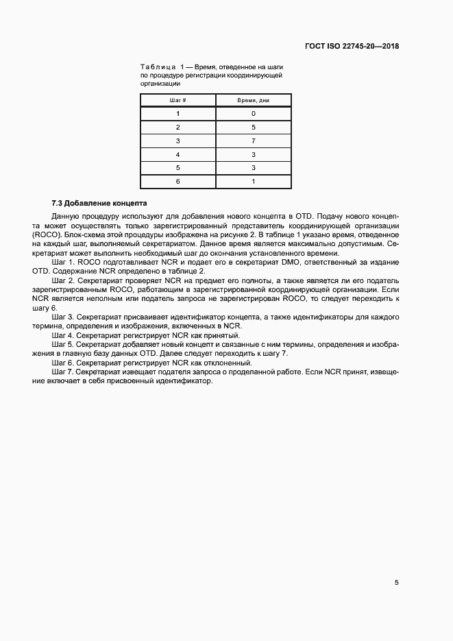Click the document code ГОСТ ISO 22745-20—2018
pyautogui.click(x=352, y=47)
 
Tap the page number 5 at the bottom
pyautogui.click(x=396, y=583)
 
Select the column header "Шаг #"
pyautogui.click(x=177, y=100)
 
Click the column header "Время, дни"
pyautogui.click(x=253, y=100)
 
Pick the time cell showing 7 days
pyautogui.click(x=253, y=141)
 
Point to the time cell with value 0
pyautogui.click(x=253, y=114)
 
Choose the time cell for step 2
pyautogui.click(x=253, y=128)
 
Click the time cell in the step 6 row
pyautogui.click(x=253, y=182)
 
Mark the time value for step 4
pyautogui.click(x=253, y=155)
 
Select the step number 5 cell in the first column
pyautogui.click(x=177, y=168)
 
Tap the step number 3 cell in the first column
pyautogui.click(x=177, y=141)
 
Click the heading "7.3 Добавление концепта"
pyautogui.click(x=99, y=204)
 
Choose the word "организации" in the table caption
pyautogui.click(x=160, y=83)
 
